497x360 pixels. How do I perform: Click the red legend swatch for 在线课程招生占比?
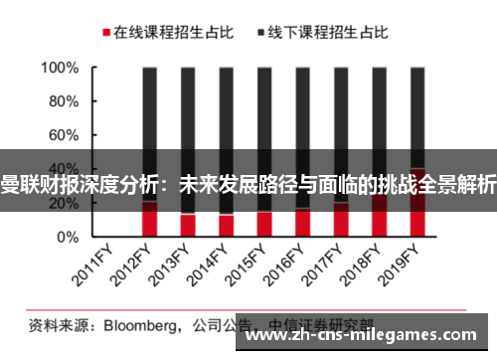104,33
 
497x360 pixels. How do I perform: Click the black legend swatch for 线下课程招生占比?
261,33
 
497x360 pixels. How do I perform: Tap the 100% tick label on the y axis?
60,69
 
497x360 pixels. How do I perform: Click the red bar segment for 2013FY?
188,225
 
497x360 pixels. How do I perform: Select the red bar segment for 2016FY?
302,223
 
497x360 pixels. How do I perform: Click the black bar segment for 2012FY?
150,119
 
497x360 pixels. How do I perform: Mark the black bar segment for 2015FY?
264,119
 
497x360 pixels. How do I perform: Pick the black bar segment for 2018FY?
379,119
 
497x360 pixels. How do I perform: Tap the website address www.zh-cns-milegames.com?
364,337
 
